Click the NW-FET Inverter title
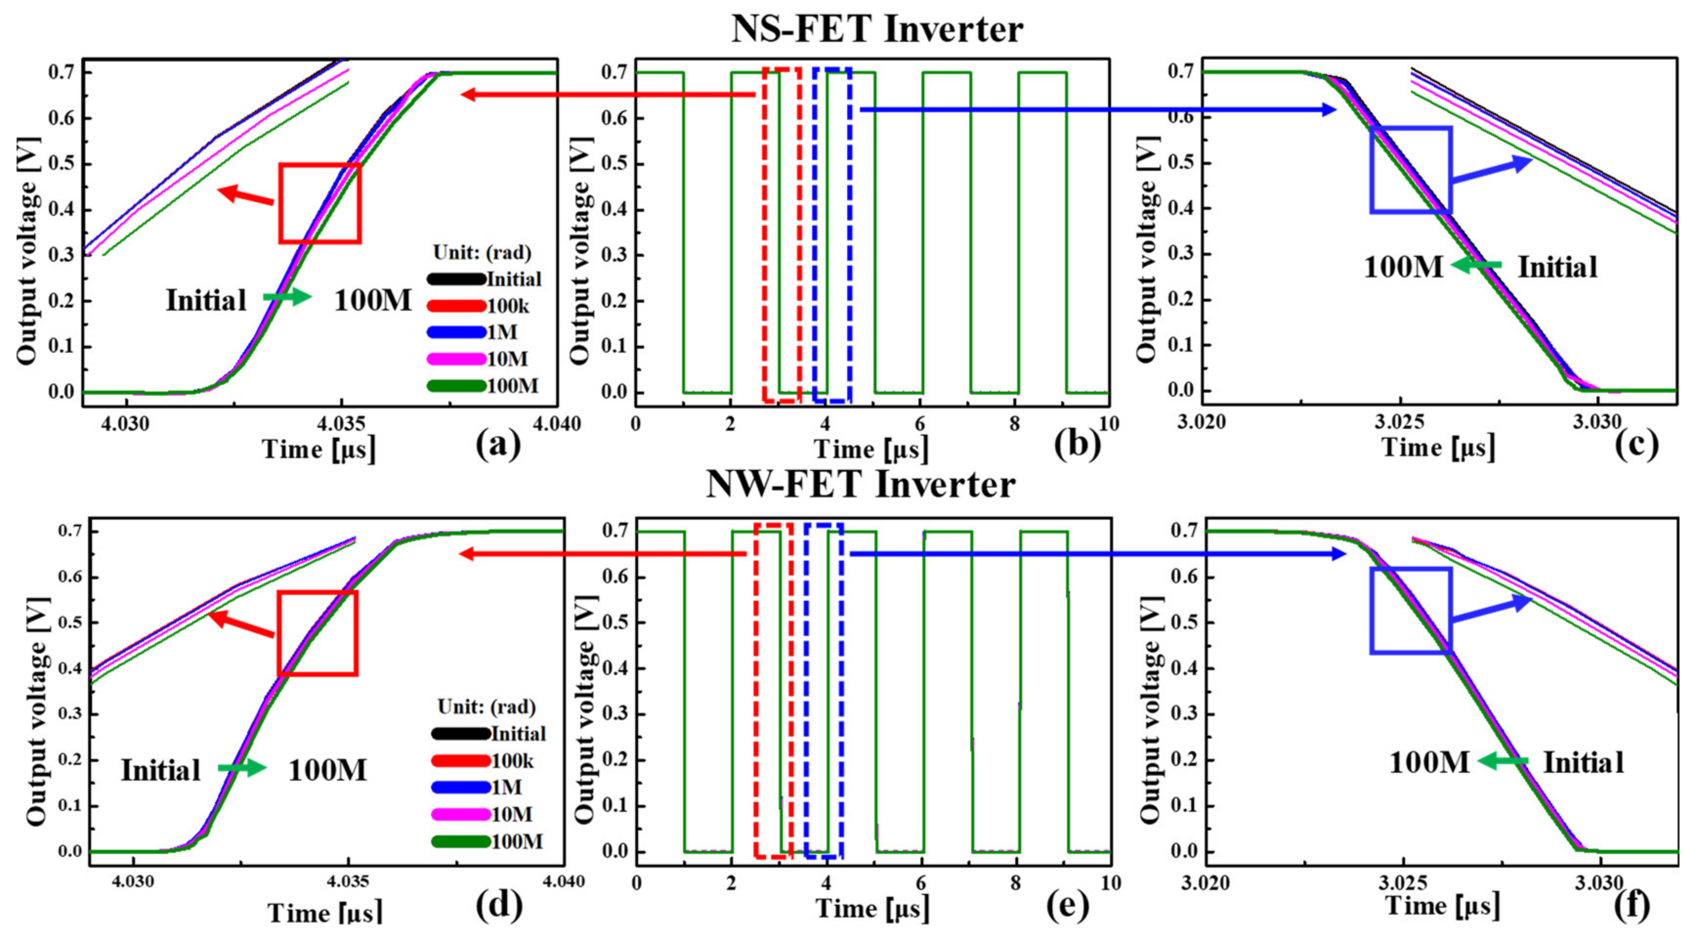coord(860,485)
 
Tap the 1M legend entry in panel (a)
coord(475,332)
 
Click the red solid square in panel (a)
coord(319,203)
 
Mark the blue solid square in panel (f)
coord(1411,610)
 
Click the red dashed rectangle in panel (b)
coord(782,235)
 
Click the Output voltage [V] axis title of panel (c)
coord(1147,249)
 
